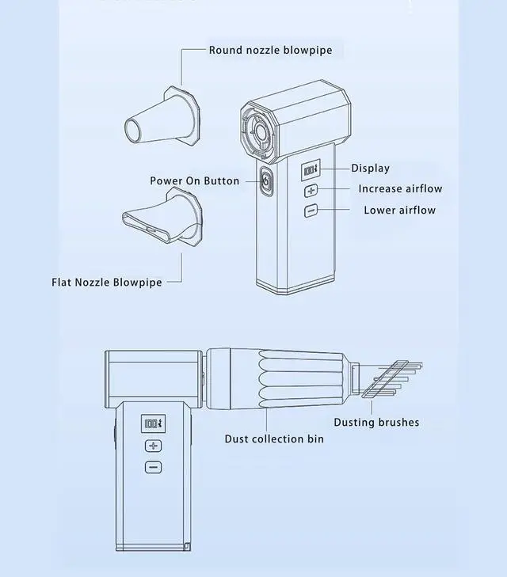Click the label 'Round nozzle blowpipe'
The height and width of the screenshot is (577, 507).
[x=270, y=51]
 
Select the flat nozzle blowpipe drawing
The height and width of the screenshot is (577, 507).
[x=162, y=224]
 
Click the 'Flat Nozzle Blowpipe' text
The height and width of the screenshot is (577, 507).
[x=106, y=282]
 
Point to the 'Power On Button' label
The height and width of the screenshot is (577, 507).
[x=194, y=181]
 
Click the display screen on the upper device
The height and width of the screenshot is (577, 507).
[x=310, y=170]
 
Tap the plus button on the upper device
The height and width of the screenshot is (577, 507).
[x=310, y=190]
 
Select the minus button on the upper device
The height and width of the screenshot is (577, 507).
[x=310, y=211]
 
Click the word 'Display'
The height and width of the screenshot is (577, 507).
[x=370, y=168]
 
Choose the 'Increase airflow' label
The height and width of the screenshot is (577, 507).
[x=400, y=189]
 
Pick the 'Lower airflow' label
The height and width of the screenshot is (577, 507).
[x=399, y=211]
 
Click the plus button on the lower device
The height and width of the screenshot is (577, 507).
[x=153, y=446]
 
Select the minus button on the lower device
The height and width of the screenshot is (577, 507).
[x=153, y=467]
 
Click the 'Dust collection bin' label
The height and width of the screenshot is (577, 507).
[x=274, y=438]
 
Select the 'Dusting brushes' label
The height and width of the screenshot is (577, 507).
[x=376, y=422]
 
